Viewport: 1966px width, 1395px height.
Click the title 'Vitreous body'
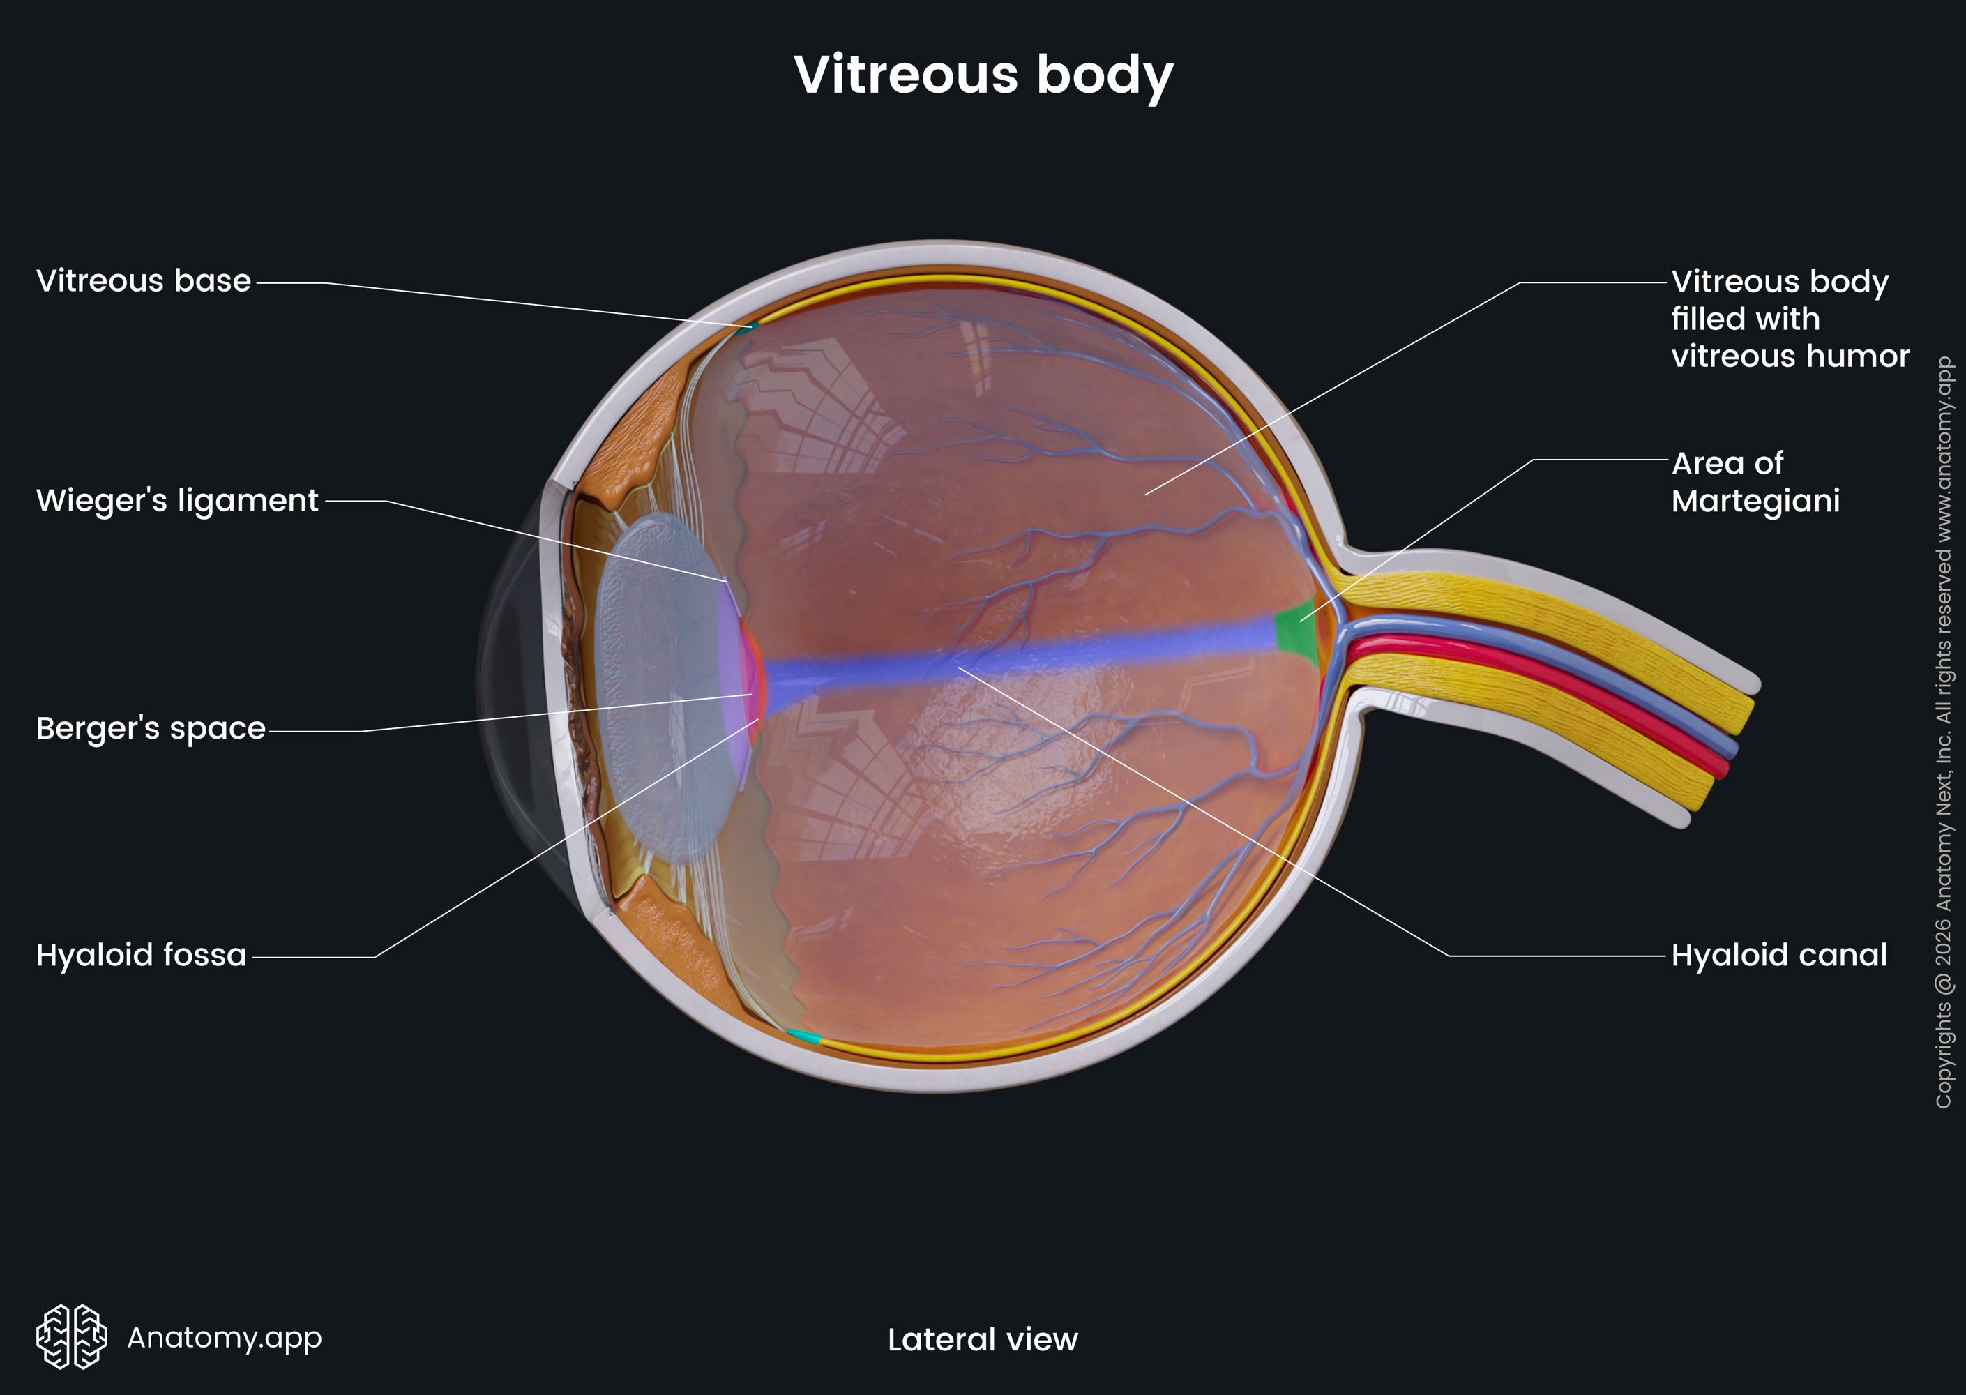pos(983,75)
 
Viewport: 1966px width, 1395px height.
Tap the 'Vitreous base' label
pos(144,281)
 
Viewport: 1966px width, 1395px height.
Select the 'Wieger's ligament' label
pos(177,501)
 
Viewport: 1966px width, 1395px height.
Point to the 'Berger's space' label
pos(151,728)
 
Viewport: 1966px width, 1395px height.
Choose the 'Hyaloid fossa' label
pos(142,955)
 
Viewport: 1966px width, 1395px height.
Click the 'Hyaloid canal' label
pos(1779,955)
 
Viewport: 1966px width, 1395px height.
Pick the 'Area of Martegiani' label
pos(1755,482)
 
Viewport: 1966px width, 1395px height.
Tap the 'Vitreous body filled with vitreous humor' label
pos(1790,319)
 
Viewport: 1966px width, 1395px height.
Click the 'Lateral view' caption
pos(983,1339)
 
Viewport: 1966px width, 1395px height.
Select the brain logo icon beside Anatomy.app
pos(71,1336)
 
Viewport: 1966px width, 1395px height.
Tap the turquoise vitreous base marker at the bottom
pos(804,1036)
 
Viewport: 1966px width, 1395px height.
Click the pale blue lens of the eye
pos(661,687)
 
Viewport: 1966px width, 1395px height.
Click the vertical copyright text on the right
pos(1944,732)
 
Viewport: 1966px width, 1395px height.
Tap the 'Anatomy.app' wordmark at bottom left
pos(224,1337)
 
